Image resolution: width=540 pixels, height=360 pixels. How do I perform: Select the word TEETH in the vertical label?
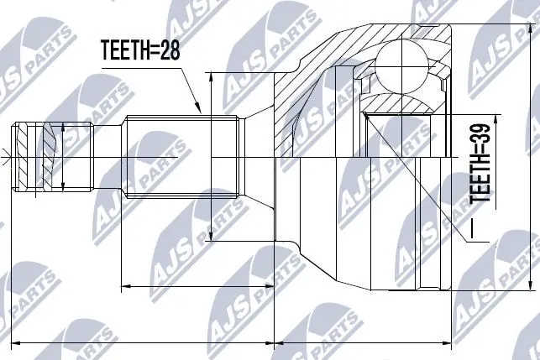pos(479,180)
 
